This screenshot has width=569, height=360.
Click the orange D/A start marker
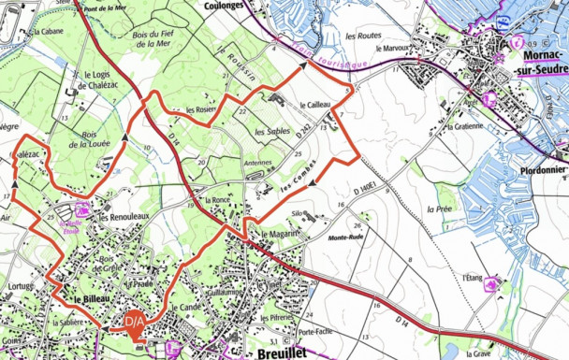pos(134,323)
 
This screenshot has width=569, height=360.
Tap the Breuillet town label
pos(284,353)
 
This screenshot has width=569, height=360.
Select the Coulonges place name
pos(228,5)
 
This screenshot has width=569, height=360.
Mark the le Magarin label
pos(279,233)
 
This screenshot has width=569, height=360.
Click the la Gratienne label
pos(465,125)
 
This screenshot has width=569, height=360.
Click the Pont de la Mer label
pos(106,7)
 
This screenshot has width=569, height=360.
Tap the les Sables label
pos(271,132)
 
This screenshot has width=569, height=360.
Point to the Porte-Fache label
pos(316,332)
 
